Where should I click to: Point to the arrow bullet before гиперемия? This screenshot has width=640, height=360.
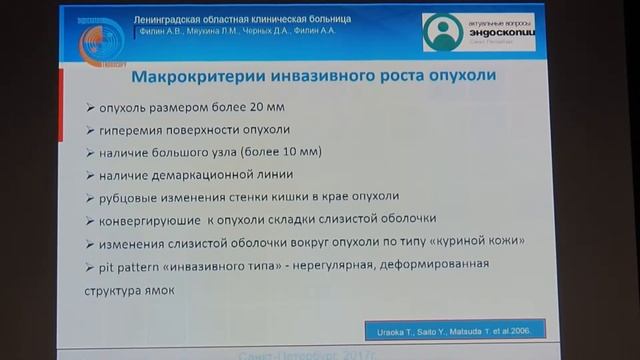coord(91,130)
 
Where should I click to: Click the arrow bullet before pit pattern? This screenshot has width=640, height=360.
coord(91,264)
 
